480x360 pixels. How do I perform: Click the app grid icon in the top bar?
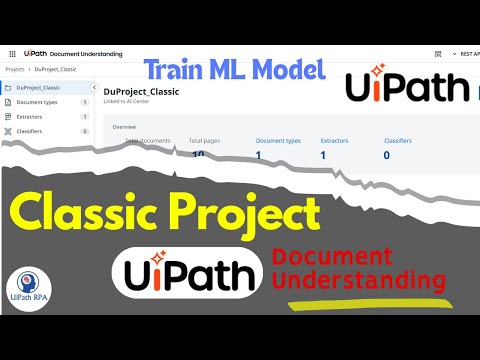10,53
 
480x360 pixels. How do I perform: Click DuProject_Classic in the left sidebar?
39,87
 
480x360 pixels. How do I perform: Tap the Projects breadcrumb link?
15,69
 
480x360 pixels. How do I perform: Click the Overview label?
124,128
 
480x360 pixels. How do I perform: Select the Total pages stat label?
204,141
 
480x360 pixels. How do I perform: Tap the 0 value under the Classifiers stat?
387,155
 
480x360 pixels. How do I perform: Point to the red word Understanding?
360,279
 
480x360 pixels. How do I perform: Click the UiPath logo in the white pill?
190,271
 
